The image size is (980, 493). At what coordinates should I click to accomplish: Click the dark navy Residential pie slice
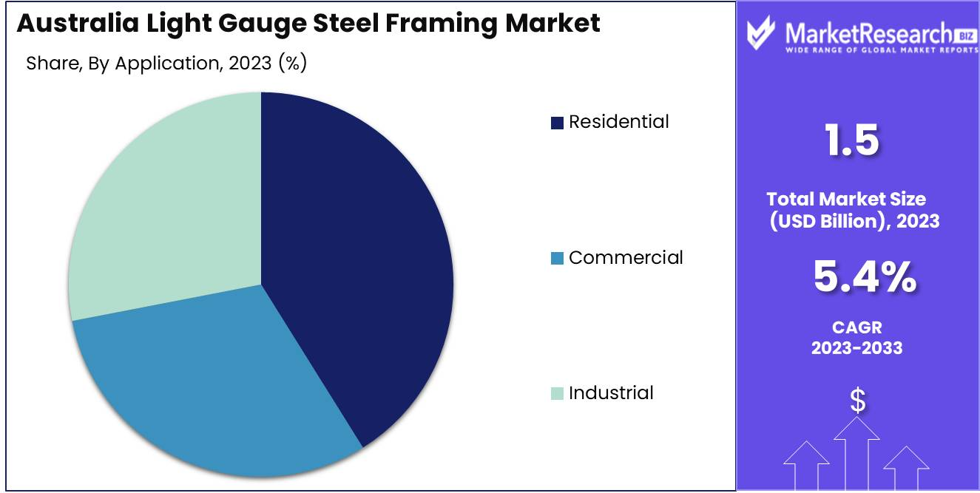pyautogui.click(x=355, y=266)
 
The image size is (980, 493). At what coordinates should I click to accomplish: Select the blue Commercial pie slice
pyautogui.click(x=214, y=377)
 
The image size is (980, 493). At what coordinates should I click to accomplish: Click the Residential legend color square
pyautogui.click(x=557, y=123)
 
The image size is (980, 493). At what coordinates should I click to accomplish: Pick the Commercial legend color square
pyautogui.click(x=557, y=258)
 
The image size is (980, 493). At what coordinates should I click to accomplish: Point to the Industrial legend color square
pyautogui.click(x=557, y=393)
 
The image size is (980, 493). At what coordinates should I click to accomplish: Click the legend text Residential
pyautogui.click(x=618, y=122)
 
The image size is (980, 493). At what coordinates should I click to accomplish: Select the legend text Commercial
pyautogui.click(x=626, y=257)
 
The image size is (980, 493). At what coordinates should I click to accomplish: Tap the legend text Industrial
pyautogui.click(x=611, y=392)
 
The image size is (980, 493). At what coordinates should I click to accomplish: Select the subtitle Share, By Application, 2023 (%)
pyautogui.click(x=166, y=64)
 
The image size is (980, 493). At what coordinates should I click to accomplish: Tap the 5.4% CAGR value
pyautogui.click(x=864, y=277)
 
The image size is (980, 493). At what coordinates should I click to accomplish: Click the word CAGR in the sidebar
pyautogui.click(x=857, y=327)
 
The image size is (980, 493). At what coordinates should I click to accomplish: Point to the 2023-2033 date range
pyautogui.click(x=857, y=347)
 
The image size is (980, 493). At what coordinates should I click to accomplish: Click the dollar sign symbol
pyautogui.click(x=857, y=401)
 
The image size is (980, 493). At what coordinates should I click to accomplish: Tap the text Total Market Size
pyautogui.click(x=846, y=199)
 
